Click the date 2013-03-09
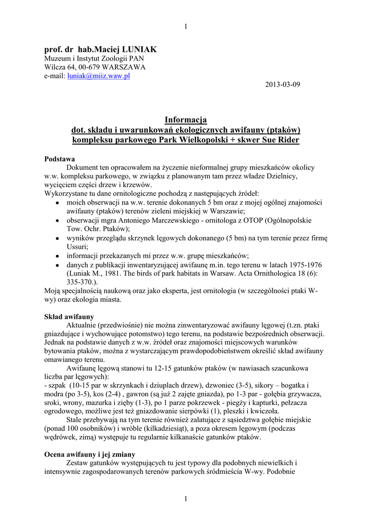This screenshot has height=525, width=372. tap(279, 84)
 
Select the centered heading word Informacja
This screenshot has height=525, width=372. tap(185, 120)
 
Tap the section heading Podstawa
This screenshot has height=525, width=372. tap(60, 159)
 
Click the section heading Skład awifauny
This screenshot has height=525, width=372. tap(69, 316)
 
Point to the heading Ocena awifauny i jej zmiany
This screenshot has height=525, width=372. tap(90, 454)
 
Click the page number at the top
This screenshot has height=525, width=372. tap(185, 27)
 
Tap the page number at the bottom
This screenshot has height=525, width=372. tap(185, 499)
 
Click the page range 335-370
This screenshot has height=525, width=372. tap(80, 281)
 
